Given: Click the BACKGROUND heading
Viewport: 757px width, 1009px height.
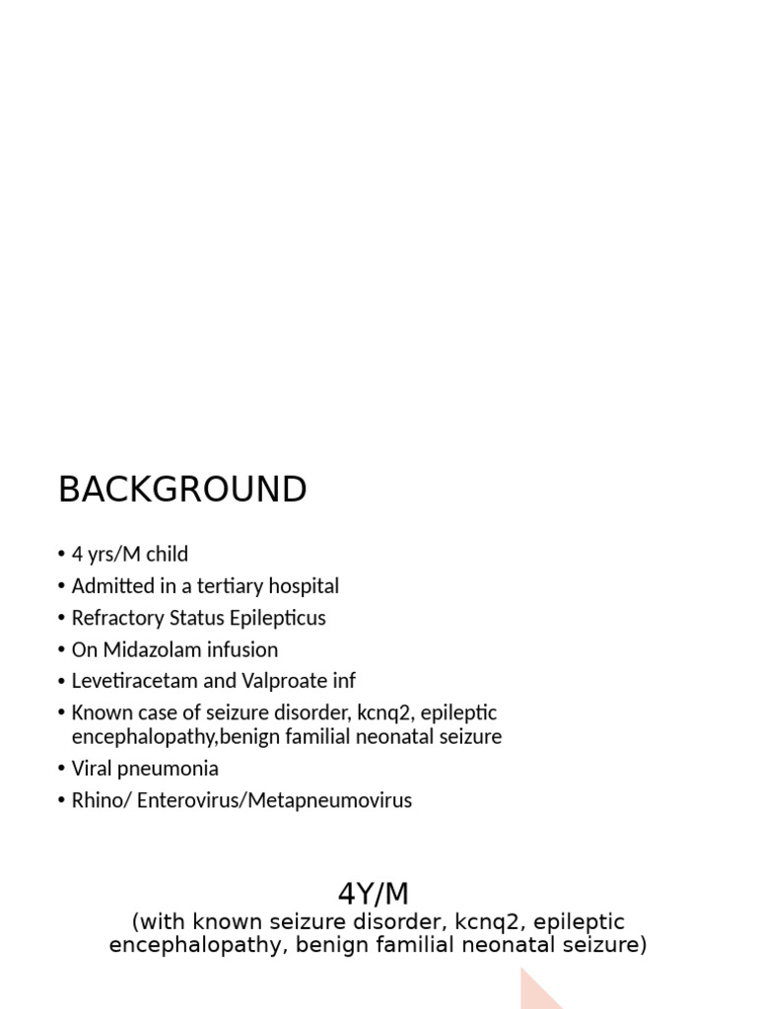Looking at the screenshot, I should point(182,490).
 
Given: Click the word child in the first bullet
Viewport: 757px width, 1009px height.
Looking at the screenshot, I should point(167,554).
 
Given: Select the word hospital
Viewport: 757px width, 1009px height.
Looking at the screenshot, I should point(305,586).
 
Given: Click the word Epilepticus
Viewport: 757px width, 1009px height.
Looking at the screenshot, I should point(275,618).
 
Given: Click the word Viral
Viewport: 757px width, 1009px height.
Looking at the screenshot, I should point(93,768).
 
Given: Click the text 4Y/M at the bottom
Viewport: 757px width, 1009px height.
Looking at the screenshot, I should point(374,894).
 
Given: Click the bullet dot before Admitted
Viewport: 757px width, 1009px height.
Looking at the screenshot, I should point(61,587).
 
